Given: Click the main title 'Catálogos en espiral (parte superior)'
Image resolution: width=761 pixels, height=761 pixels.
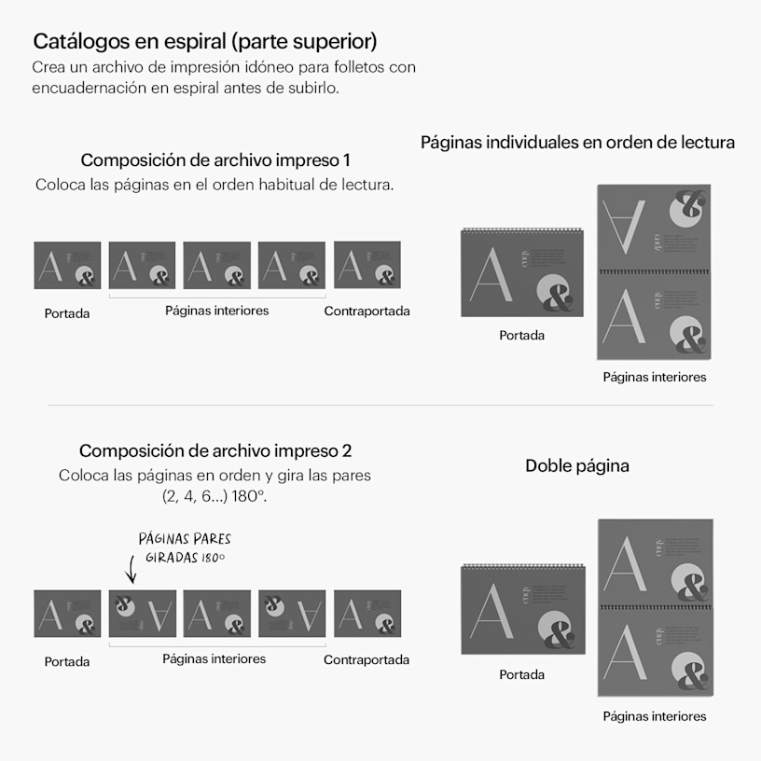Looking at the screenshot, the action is tap(205, 42).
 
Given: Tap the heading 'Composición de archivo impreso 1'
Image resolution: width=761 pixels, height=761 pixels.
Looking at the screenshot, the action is tap(215, 160).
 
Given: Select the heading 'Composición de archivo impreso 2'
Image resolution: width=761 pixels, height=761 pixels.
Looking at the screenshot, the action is tap(215, 450).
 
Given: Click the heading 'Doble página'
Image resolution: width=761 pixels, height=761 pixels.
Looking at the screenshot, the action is tap(577, 466).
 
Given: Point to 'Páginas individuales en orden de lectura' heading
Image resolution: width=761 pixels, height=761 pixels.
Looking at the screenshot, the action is tap(577, 142).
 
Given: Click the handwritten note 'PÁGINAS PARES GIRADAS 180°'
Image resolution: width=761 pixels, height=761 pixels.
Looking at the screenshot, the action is tap(185, 548).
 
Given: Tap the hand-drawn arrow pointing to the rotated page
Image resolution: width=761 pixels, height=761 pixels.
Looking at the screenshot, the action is tap(131, 569).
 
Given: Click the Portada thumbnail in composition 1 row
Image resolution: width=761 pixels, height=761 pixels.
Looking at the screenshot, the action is tap(67, 266).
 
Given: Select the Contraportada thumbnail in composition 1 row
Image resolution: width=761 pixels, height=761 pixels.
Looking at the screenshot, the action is tap(367, 265).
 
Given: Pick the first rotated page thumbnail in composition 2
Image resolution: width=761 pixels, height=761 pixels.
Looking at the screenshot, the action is tap(142, 614).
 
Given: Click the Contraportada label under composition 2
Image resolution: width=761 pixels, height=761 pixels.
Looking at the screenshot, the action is tap(367, 660).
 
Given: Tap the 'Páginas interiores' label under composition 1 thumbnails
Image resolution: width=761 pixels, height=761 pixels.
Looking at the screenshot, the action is tap(217, 311).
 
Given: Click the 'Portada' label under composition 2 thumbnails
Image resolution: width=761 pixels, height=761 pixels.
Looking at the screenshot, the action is tap(67, 662).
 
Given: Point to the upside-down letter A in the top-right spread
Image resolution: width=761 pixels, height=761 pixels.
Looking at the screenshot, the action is tap(624, 228).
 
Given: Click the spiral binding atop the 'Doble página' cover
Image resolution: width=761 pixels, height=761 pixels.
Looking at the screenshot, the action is tap(522, 565).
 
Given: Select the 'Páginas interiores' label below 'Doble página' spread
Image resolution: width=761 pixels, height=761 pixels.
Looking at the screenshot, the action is tap(655, 716).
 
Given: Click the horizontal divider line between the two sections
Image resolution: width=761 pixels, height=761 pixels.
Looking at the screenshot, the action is tap(380, 405).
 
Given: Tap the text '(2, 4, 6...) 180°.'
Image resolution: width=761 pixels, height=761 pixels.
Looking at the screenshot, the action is tap(214, 496).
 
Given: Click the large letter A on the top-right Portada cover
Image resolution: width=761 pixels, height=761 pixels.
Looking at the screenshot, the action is tap(491, 275).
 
